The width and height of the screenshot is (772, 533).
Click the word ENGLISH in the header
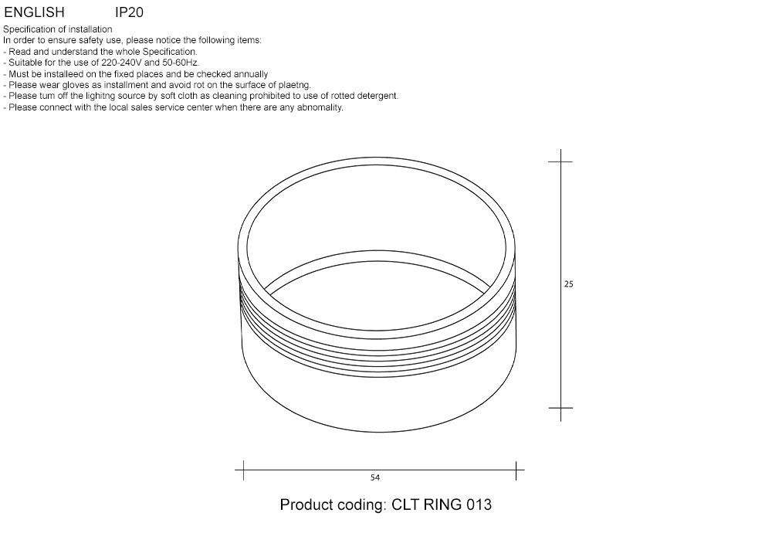coord(35,13)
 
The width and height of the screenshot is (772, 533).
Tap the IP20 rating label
coord(129,13)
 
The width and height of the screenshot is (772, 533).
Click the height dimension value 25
coord(568,284)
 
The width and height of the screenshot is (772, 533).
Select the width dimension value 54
coord(375,477)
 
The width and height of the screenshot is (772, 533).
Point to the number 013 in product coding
coord(479,505)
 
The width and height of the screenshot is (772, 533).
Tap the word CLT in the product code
coord(406,505)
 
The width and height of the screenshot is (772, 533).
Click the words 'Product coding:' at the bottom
coord(332,505)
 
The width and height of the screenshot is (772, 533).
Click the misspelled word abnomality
coord(317,107)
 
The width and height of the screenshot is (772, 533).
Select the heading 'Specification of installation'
coord(58,29)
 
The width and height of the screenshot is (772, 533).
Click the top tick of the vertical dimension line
coord(560,161)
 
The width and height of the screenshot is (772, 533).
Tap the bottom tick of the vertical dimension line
coord(560,407)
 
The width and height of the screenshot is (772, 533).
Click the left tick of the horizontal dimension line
coord(243,467)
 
